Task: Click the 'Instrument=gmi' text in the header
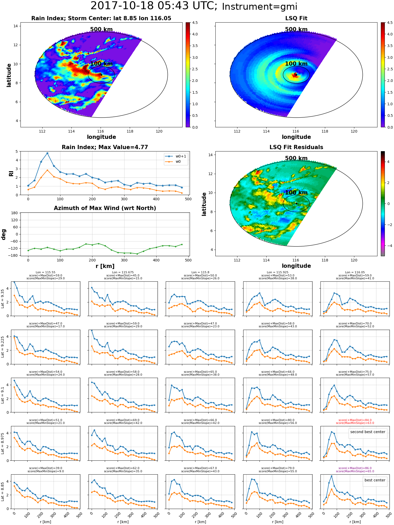pos(260,7)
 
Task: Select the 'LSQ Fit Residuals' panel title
pos(296,147)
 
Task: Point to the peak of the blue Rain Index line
pos(47,153)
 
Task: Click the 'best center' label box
pos(375,480)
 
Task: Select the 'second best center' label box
pos(368,432)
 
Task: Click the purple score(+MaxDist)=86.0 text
pos(355,468)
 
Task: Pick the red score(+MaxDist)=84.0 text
pos(355,420)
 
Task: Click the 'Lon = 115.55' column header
pos(45,272)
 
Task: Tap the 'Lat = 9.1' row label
pos(3,395)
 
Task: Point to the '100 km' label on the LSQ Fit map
pos(296,64)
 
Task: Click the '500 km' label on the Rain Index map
pos(101,29)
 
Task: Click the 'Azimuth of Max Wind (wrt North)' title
pos(105,208)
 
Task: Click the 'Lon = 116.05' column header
pos(355,272)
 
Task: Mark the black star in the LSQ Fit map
pos(296,75)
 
